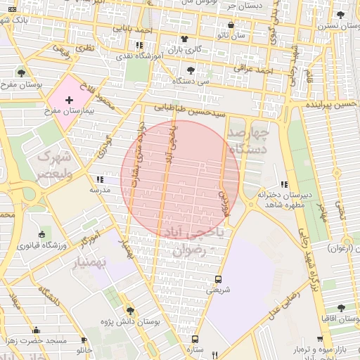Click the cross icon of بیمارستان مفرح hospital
click(68, 101)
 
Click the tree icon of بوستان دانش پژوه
click(129, 310)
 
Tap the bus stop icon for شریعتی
click(218, 278)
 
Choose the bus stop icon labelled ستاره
click(195, 338)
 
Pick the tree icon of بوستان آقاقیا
click(341, 308)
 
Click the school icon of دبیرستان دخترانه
click(285, 184)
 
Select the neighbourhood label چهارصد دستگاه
click(250, 140)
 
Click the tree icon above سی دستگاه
click(191, 70)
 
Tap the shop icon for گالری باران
click(184, 39)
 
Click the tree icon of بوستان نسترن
click(341, 15)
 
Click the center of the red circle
click(180, 179)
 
